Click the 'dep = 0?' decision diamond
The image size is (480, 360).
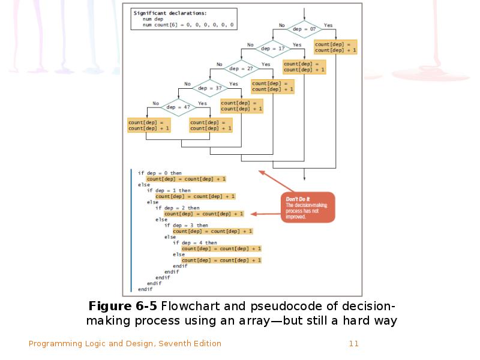tap(304, 29)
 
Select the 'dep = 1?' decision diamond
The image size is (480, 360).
tap(273, 49)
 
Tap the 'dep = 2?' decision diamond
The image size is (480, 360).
tap(242, 68)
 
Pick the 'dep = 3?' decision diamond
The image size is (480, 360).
tap(210, 88)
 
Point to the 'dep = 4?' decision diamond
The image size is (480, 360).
tap(179, 108)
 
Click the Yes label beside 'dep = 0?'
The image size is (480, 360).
tap(328, 25)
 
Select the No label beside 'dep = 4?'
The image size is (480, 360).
tap(155, 103)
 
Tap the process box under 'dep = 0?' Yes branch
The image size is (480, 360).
tap(335, 47)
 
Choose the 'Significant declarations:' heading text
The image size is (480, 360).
tap(170, 13)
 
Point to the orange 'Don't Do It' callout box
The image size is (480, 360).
tap(308, 208)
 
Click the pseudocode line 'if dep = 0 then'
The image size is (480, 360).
tap(160, 173)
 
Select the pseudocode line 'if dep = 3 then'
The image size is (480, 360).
tap(186, 225)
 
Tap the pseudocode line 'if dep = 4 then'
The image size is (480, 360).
tap(195, 243)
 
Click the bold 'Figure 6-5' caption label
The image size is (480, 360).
tap(123, 305)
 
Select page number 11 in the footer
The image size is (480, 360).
tap(353, 344)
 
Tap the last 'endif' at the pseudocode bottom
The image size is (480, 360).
tap(145, 289)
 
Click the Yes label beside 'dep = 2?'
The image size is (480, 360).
tap(266, 64)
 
